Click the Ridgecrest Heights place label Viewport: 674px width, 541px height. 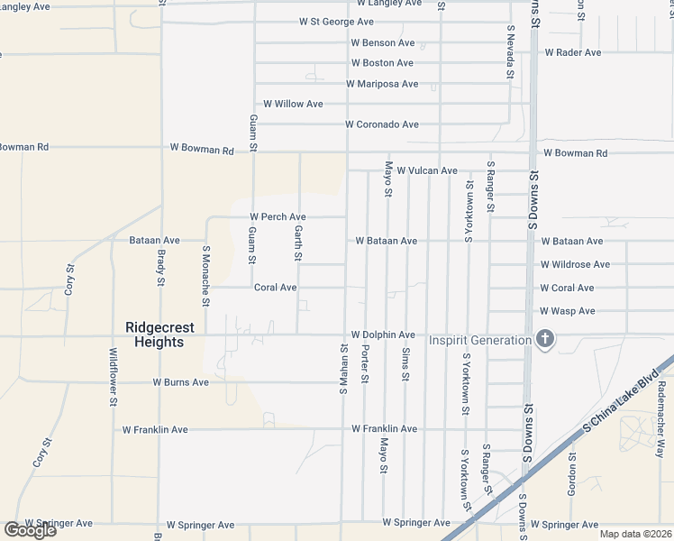pos(155,335)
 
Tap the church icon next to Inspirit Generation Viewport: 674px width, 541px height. pos(543,340)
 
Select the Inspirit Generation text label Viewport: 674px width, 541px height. pos(479,340)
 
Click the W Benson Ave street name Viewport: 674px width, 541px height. pos(382,42)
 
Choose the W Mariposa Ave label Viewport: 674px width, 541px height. pos(382,84)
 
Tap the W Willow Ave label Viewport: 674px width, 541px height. pos(292,105)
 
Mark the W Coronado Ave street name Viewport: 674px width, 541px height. pos(382,124)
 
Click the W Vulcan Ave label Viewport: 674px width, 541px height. pos(427,170)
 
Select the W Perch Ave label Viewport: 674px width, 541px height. pos(278,217)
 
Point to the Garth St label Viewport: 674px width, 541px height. pos(297,243)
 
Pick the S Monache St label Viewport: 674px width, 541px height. pos(206,277)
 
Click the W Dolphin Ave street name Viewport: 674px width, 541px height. pos(382,335)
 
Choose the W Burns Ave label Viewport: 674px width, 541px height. pos(180,382)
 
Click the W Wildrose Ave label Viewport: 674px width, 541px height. pos(575,264)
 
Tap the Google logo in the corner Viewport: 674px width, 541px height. pos(30,530)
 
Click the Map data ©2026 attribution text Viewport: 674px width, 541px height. pos(635,534)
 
